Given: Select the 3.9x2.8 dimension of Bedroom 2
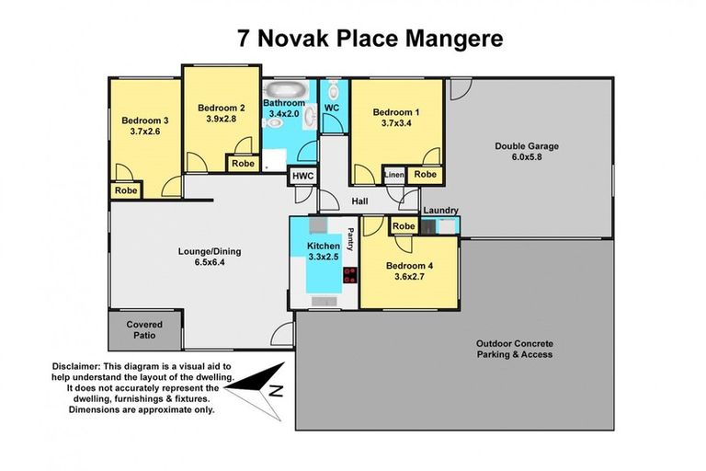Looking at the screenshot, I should coord(221,119).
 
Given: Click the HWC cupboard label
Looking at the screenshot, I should coord(302,176).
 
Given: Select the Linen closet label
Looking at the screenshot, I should coord(393,175).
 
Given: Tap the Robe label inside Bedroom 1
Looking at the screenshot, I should coord(425,175).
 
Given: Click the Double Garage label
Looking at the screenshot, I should coord(526,145).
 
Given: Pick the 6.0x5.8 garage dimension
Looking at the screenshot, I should coord(526,157).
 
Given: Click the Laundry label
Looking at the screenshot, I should coord(440,211).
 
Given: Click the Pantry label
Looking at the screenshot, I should coord(350,246).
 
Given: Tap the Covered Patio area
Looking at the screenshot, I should coord(145,329).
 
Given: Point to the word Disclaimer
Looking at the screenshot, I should coord(81,366).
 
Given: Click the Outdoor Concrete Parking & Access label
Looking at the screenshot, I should coord(514,349).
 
